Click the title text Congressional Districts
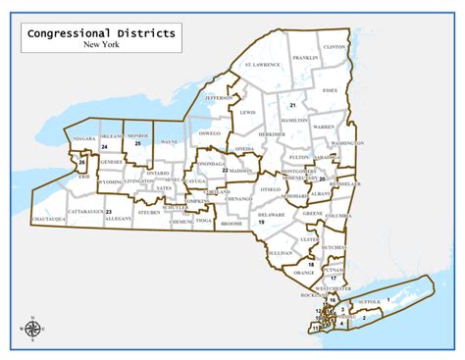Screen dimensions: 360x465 tap(102, 33)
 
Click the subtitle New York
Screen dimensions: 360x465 tap(102, 45)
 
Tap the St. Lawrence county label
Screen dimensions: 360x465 tap(262, 65)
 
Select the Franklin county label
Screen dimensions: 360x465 tap(305, 58)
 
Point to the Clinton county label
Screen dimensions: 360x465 tap(335, 47)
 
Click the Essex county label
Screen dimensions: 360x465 tap(330, 90)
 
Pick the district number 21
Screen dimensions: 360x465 tap(292, 104)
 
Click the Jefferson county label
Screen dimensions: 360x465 tap(220, 98)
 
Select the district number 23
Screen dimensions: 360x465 tap(109, 211)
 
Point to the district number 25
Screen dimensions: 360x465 tap(138, 144)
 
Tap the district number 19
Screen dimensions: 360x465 tap(262, 223)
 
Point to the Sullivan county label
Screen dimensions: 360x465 tap(280, 253)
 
